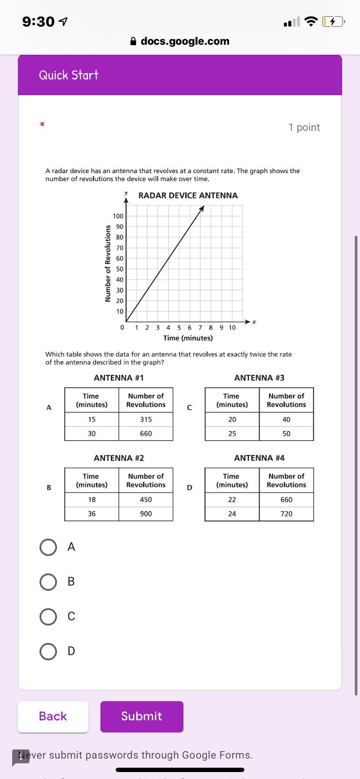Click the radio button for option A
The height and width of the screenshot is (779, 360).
pyautogui.click(x=48, y=547)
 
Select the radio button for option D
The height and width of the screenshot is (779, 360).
pyautogui.click(x=48, y=652)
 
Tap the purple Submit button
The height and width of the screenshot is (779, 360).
pyautogui.click(x=142, y=716)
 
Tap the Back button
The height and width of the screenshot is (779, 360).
pyautogui.click(x=53, y=716)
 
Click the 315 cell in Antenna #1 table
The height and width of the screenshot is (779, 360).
pyautogui.click(x=146, y=419)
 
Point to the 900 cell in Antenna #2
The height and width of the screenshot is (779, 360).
pyautogui.click(x=146, y=514)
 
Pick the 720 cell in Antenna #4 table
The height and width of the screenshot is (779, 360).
pyautogui.click(x=286, y=514)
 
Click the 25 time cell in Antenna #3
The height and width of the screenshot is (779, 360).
pyautogui.click(x=232, y=434)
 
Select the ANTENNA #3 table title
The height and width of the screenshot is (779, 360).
pyautogui.click(x=259, y=378)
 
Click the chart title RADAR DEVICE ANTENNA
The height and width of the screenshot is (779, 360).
pyautogui.click(x=188, y=196)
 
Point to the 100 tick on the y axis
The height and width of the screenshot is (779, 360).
pyautogui.click(x=118, y=216)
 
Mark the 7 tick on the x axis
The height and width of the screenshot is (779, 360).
pyautogui.click(x=200, y=328)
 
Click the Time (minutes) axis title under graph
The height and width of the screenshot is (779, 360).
pyautogui.click(x=188, y=338)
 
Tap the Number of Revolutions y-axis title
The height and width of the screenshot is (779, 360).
pyautogui.click(x=107, y=263)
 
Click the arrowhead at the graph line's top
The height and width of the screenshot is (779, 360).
pyautogui.click(x=202, y=208)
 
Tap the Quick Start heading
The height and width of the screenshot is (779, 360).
pyautogui.click(x=69, y=75)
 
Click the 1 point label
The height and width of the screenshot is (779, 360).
pyautogui.click(x=304, y=127)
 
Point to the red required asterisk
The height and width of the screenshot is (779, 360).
pyautogui.click(x=42, y=125)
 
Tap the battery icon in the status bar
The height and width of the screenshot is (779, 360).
pyautogui.click(x=333, y=21)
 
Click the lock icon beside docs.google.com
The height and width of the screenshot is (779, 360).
pyautogui.click(x=133, y=41)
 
